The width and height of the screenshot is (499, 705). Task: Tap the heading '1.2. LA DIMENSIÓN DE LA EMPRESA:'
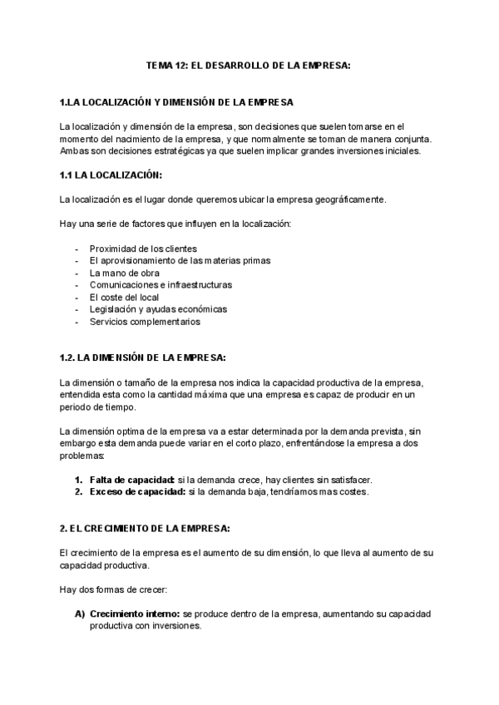[143, 358]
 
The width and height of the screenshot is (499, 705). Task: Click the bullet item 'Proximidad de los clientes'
[143, 249]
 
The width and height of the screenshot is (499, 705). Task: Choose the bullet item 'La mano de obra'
[125, 273]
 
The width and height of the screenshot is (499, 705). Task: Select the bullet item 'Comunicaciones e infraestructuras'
[161, 285]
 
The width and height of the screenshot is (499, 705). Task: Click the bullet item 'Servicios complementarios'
[146, 322]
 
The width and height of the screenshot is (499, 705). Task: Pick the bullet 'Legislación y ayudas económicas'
[158, 309]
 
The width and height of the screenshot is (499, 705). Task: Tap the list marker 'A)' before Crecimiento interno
[80, 614]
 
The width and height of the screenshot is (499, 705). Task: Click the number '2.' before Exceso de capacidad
[79, 491]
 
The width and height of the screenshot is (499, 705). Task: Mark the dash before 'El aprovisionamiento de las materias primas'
[77, 261]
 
